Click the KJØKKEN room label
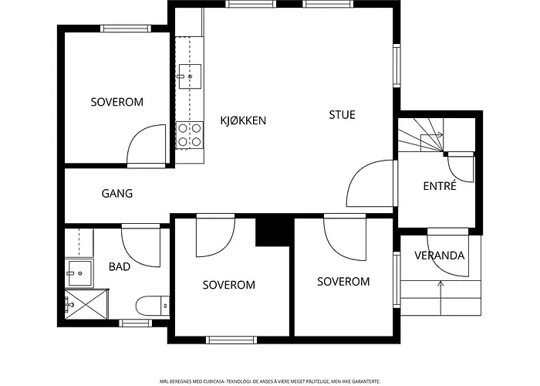(243, 120)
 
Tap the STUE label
(342, 115)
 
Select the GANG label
(117, 193)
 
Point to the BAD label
(120, 266)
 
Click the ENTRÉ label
(440, 185)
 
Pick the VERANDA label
(440, 256)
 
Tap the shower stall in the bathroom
(86, 304)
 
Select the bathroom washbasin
(79, 273)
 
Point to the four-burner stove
(190, 135)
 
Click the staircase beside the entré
(421, 135)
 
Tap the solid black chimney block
(274, 232)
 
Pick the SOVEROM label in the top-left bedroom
(117, 102)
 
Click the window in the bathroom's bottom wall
(135, 323)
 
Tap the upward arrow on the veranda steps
(440, 298)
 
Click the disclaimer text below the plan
(270, 381)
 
